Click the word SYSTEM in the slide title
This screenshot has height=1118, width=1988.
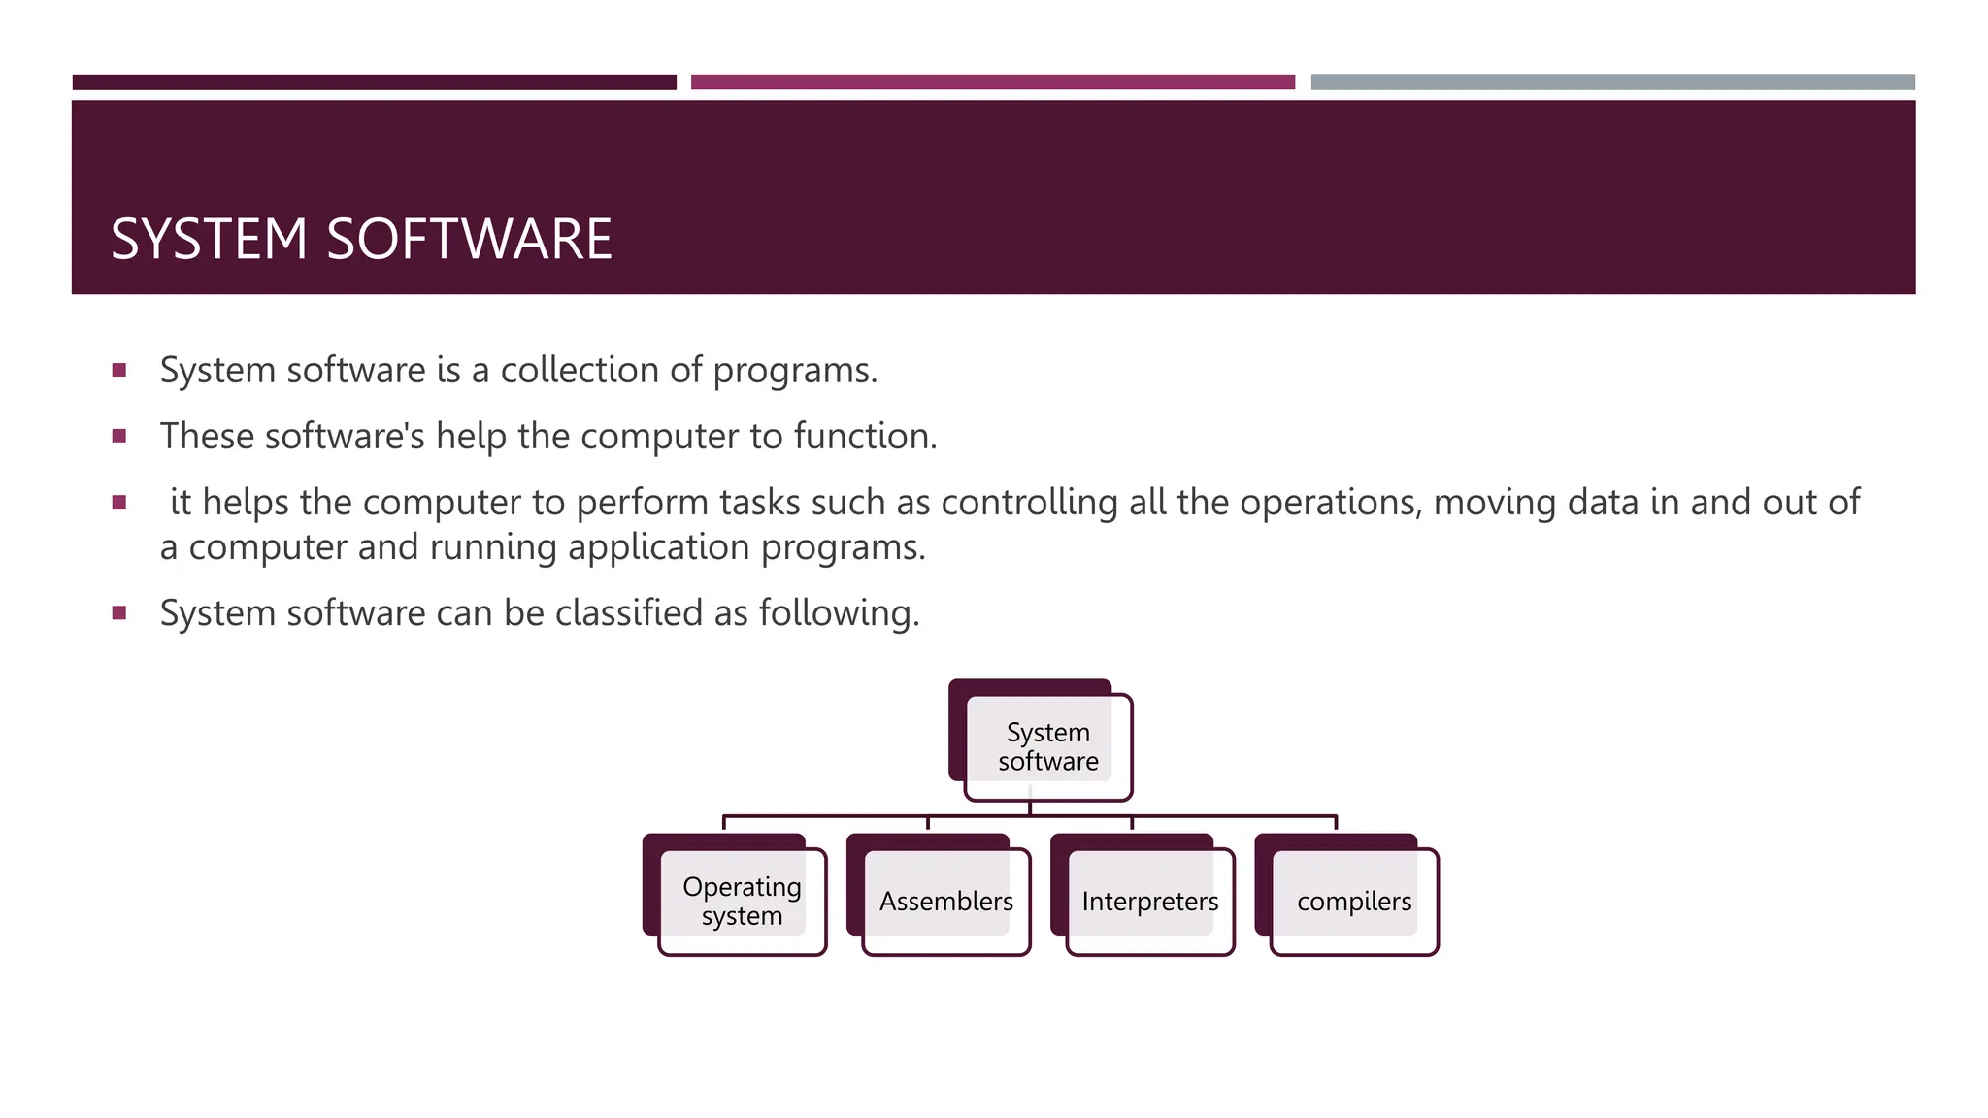[209, 239]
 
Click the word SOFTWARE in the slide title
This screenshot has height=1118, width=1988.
[470, 239]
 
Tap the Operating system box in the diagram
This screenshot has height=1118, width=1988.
[742, 901]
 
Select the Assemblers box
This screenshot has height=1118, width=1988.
[945, 901]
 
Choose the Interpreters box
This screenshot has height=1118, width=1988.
[1149, 901]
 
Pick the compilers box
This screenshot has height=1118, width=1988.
[1353, 901]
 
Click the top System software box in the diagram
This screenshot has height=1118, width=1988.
[1047, 746]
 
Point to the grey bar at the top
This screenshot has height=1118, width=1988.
[1612, 82]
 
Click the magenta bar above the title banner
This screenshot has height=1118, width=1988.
[992, 82]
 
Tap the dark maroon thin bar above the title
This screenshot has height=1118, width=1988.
[374, 82]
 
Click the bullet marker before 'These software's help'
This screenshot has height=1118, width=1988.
[119, 437]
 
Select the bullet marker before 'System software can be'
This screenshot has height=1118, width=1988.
[119, 613]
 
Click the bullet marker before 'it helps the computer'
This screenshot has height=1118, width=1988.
[119, 503]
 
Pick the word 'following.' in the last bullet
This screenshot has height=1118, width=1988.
[839, 613]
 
